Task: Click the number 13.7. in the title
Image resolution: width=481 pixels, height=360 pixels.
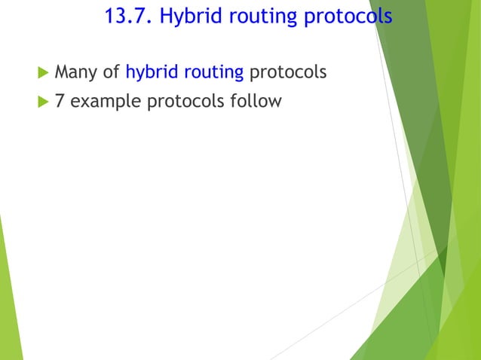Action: point(128,17)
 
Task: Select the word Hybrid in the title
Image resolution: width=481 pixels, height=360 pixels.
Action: point(189,17)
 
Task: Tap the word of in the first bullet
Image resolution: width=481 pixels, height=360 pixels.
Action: point(112,72)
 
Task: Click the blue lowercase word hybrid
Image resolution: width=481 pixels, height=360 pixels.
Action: point(152,73)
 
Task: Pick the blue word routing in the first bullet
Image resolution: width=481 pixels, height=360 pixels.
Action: point(213,73)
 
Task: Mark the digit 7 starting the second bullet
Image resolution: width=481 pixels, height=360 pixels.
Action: point(60,100)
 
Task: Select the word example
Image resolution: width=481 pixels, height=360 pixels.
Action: point(105,101)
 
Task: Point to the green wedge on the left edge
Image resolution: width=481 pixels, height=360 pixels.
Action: point(9,301)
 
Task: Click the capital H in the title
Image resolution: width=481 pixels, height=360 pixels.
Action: point(166,17)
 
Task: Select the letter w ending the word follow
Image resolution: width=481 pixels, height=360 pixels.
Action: point(275,101)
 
